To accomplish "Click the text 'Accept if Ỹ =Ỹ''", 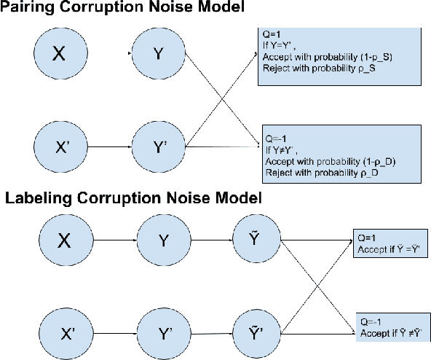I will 391,248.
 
